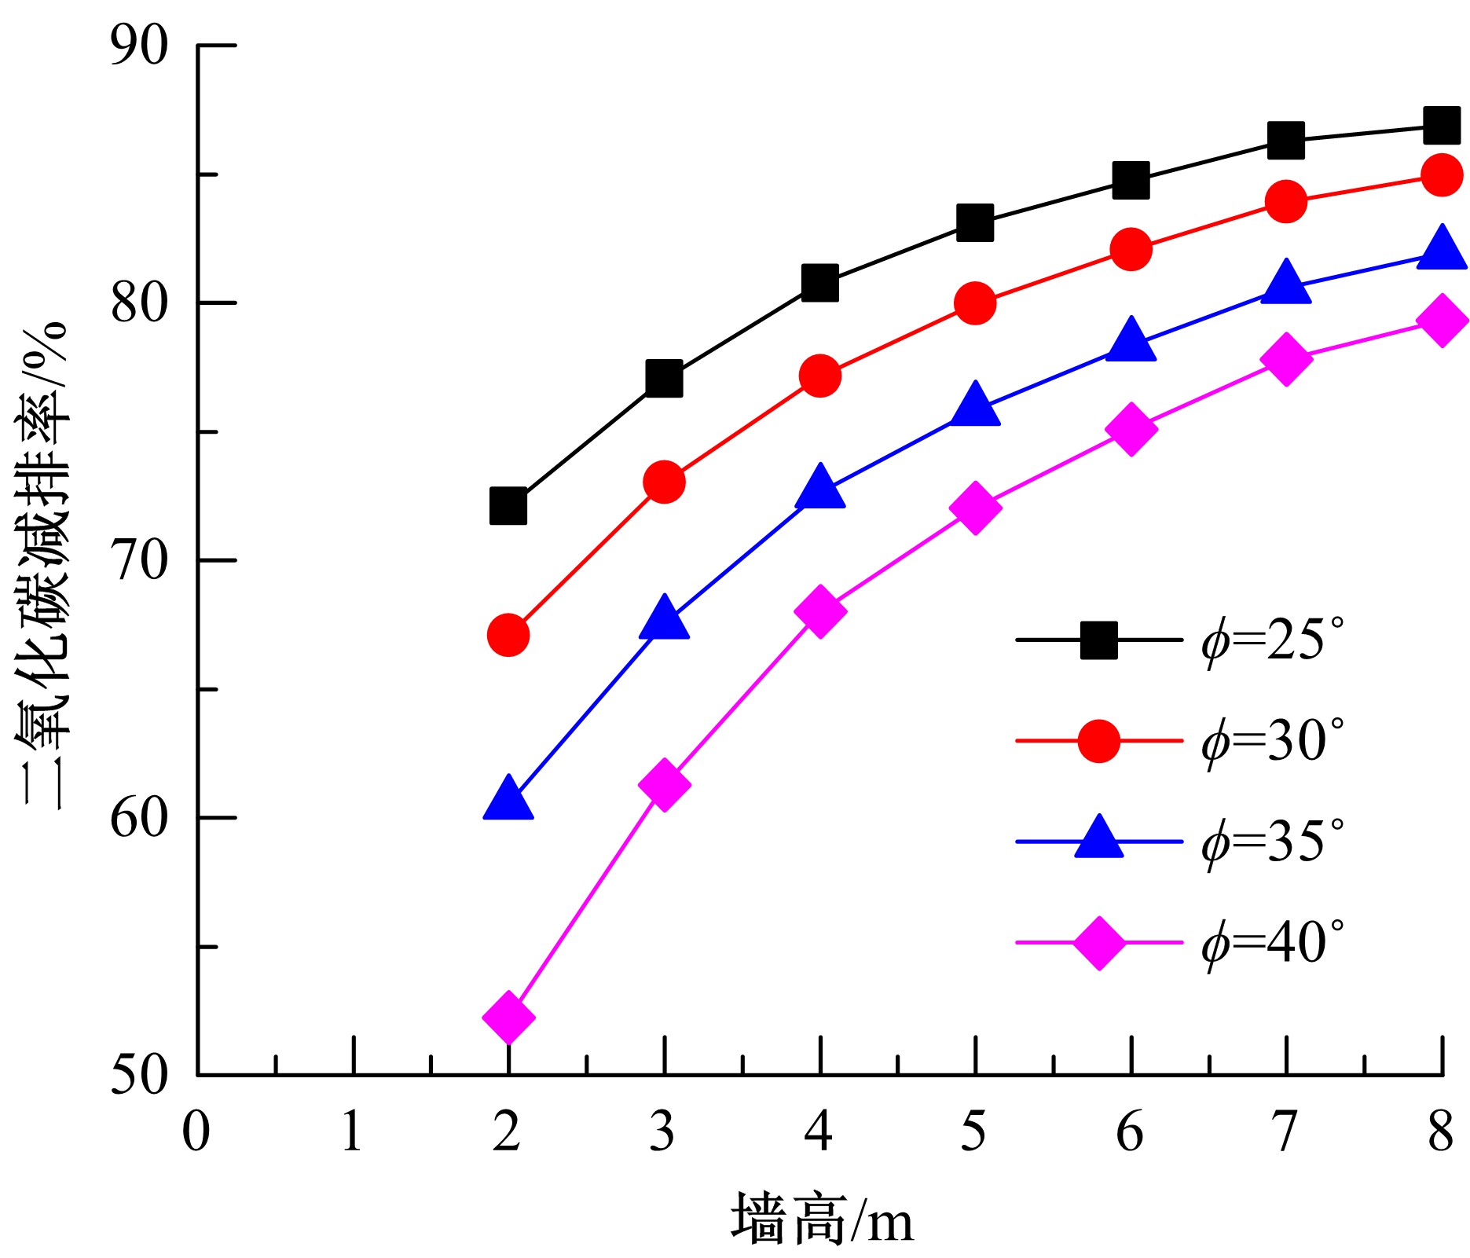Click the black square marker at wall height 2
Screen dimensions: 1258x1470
[x=508, y=506]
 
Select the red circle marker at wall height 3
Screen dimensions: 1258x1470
[x=664, y=482]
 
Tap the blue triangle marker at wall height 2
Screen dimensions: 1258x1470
[x=508, y=799]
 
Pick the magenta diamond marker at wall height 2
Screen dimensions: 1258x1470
[x=508, y=1017]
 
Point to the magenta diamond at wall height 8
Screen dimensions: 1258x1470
[x=1442, y=321]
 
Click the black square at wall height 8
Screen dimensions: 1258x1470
[x=1441, y=126]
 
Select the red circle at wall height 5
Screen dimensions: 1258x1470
[x=975, y=303]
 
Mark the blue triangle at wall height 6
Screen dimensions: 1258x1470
[x=1131, y=341]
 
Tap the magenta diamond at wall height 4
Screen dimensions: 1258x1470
[x=819, y=611]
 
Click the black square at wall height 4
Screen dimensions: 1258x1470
[x=819, y=282]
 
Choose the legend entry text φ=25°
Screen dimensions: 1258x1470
[x=1272, y=640]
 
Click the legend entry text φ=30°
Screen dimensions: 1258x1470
[x=1272, y=741]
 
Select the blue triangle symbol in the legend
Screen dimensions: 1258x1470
[x=1098, y=838]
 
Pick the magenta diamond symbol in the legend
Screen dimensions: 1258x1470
[x=1098, y=941]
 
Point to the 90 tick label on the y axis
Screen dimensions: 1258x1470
[x=139, y=46]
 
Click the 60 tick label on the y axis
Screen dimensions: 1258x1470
[x=139, y=818]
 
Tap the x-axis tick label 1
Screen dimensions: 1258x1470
[x=352, y=1132]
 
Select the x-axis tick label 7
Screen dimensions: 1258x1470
[x=1285, y=1132]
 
